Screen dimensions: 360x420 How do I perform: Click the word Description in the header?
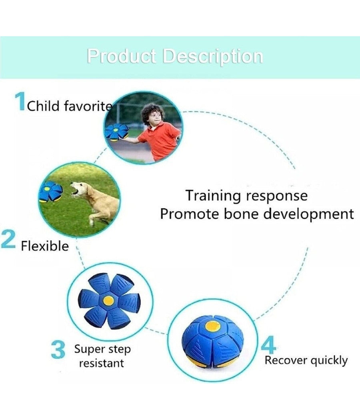213,56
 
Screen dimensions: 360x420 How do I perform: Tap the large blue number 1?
20,101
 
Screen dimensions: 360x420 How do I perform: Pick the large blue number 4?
268,345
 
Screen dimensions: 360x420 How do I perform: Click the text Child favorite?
70,106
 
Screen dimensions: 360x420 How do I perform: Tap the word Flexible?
45,246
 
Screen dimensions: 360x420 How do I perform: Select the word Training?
214,196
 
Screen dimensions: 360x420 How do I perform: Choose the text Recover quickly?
306,361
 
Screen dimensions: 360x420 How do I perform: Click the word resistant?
102,363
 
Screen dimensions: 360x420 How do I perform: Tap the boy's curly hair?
152,113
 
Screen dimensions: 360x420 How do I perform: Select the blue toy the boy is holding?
116,132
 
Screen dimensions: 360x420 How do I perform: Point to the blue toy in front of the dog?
51,191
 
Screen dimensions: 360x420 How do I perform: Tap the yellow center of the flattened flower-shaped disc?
108,300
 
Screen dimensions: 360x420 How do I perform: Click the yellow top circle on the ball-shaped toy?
213,326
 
